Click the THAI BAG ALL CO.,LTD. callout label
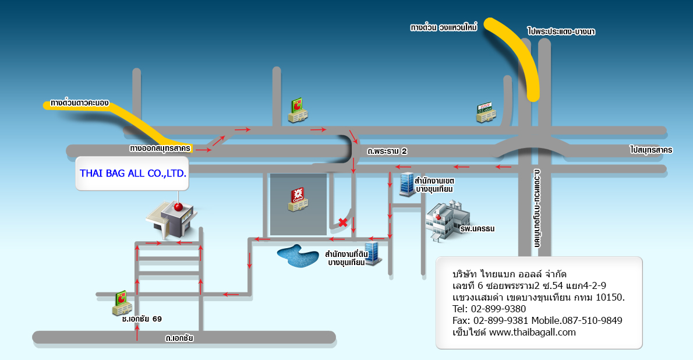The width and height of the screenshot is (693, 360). tap(133, 173)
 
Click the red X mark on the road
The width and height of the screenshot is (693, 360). tap(344, 222)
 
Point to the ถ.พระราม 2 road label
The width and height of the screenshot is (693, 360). tap(387, 151)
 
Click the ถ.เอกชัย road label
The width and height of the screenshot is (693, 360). tap(179, 337)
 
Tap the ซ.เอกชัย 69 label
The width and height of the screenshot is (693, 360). tap(142, 319)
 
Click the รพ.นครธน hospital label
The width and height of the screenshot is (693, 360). tap(477, 229)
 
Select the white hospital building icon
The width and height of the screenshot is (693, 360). tap(444, 219)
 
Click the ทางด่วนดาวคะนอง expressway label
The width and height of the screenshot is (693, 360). tap(80, 103)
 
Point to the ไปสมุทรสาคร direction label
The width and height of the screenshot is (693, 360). tap(650, 150)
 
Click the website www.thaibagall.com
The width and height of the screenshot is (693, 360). tap(532, 332)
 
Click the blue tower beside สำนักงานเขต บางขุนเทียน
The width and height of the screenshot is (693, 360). tap(406, 185)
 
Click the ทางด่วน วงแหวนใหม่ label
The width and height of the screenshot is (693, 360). tap(444, 27)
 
